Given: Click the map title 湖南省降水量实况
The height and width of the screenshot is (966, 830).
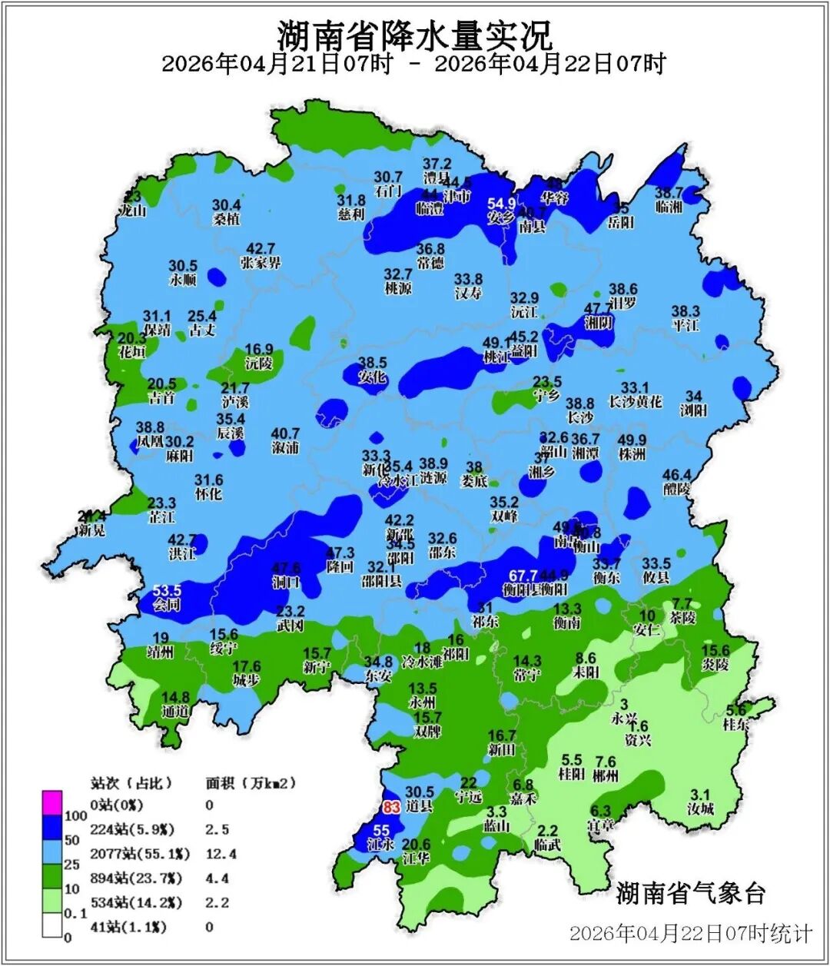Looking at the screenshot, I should pyautogui.click(x=414, y=34).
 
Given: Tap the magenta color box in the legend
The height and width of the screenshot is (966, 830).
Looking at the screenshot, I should pyautogui.click(x=52, y=803).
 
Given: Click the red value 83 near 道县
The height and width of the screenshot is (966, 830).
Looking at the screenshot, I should pyautogui.click(x=391, y=808).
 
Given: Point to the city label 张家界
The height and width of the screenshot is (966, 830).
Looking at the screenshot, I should pyautogui.click(x=261, y=263).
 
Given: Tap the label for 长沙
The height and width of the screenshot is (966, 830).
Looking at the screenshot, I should pyautogui.click(x=580, y=418).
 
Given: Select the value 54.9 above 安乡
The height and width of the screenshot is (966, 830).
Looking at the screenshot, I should pyautogui.click(x=502, y=204).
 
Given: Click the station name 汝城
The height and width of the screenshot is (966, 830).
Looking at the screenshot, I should pyautogui.click(x=700, y=808).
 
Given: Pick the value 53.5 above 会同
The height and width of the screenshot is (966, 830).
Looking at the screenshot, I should pyautogui.click(x=167, y=590).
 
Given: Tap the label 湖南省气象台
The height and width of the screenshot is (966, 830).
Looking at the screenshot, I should pyautogui.click(x=691, y=893).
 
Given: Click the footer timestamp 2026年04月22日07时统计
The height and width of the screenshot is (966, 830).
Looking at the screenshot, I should pyautogui.click(x=690, y=934).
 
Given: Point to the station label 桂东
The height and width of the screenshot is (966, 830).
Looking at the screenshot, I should pyautogui.click(x=735, y=724).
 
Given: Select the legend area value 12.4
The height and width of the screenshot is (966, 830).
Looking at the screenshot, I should pyautogui.click(x=221, y=854).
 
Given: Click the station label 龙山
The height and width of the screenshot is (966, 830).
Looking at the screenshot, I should pyautogui.click(x=132, y=210).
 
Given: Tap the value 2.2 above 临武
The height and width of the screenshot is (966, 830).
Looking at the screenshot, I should pyautogui.click(x=548, y=831).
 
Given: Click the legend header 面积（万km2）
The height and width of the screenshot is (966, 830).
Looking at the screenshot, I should pyautogui.click(x=251, y=784).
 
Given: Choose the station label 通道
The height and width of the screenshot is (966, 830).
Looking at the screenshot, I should pyautogui.click(x=175, y=712).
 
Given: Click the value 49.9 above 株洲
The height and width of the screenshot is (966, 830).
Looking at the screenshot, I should pyautogui.click(x=632, y=440).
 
